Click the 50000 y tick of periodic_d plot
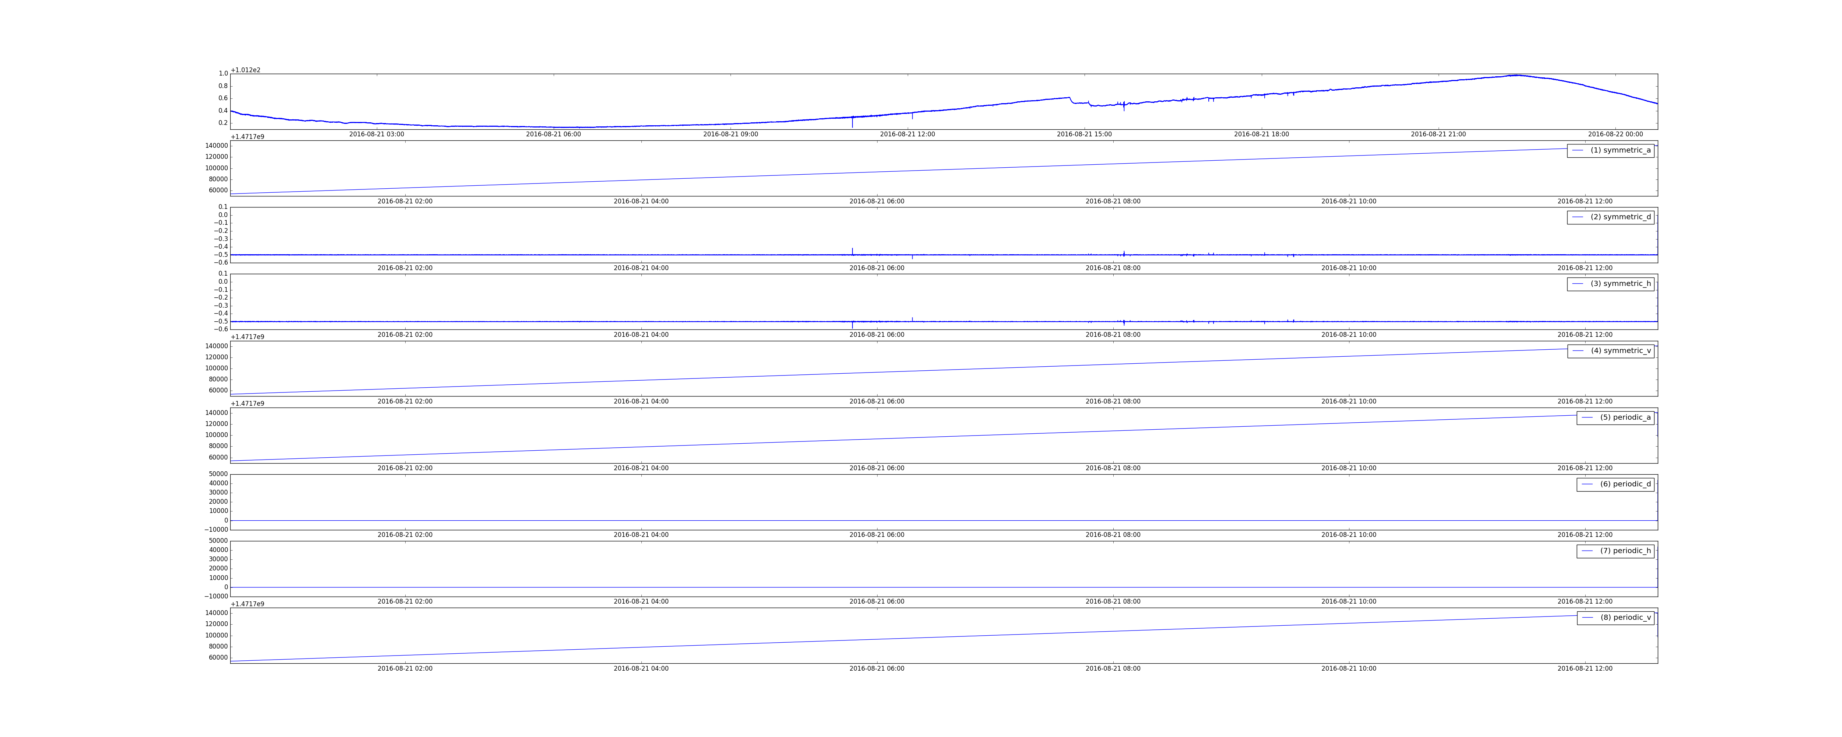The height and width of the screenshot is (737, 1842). pos(217,474)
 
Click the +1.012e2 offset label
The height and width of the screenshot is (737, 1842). pos(245,70)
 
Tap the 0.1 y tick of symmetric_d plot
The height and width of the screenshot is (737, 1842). pos(223,207)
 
